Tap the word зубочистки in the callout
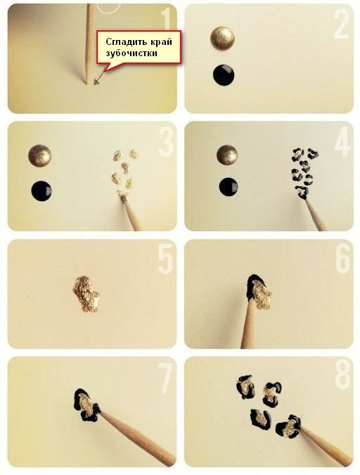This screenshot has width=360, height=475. (131, 53)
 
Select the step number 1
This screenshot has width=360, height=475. (166, 20)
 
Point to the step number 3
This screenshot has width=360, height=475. (165, 142)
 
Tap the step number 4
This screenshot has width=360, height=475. (342, 142)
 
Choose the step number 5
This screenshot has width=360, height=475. (165, 260)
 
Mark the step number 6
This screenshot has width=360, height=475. (342, 260)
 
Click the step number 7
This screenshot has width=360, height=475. (166, 377)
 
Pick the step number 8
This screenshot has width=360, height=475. (342, 377)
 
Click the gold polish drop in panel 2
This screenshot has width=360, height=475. (223, 39)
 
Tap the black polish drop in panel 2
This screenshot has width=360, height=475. (224, 74)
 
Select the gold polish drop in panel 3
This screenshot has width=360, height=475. (39, 156)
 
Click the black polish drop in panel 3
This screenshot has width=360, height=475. (41, 191)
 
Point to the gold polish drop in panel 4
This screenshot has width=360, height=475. (227, 155)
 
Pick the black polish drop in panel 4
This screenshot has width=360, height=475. (229, 187)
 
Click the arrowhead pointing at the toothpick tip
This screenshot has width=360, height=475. (96, 82)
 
